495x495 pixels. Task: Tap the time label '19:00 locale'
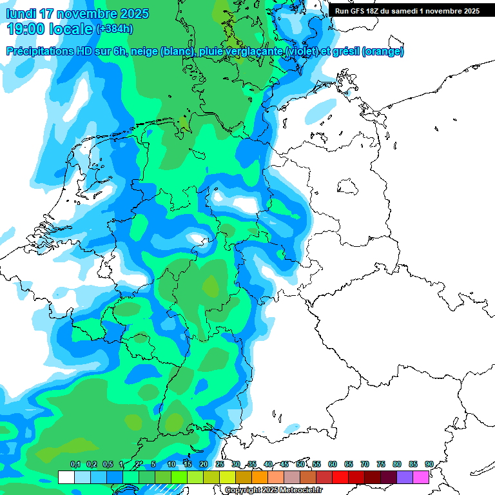[x=50, y=29]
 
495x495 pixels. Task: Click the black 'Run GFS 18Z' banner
[x=407, y=11]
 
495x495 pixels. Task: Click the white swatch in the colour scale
[x=66, y=477]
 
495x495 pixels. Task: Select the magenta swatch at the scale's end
[x=421, y=477]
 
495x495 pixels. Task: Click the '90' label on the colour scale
[x=429, y=464]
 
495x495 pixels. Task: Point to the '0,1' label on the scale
[x=75, y=464]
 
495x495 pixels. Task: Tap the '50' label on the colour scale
[x=300, y=464]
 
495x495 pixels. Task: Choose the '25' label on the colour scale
[x=220, y=464]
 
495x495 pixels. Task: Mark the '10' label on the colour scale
[x=171, y=464]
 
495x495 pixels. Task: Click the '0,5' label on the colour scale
[x=108, y=464]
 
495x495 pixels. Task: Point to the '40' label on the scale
[x=268, y=464]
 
